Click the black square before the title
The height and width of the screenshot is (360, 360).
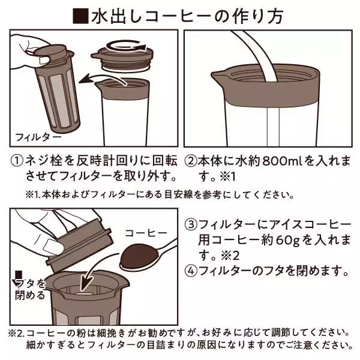click(80, 14)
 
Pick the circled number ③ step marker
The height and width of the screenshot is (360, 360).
click(190, 225)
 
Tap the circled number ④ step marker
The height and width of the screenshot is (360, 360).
click(190, 271)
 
